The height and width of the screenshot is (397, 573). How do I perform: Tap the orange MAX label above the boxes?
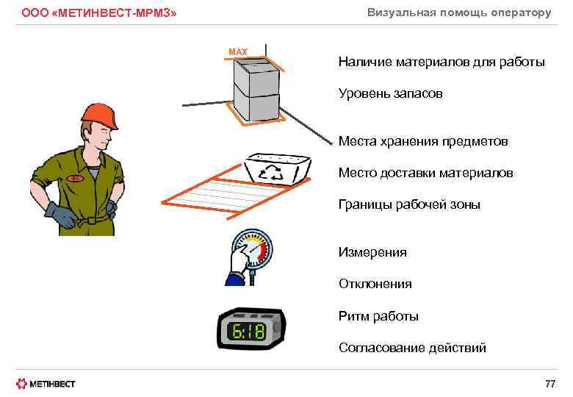pyautogui.click(x=238, y=51)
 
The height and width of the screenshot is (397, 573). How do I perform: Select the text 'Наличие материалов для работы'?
pyautogui.click(x=442, y=62)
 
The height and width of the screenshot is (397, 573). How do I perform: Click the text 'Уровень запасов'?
pyautogui.click(x=390, y=94)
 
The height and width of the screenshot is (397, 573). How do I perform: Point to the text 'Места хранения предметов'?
pyautogui.click(x=423, y=140)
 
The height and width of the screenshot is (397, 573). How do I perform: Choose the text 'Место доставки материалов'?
pyautogui.click(x=425, y=173)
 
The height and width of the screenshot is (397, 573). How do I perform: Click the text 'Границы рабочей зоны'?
pyautogui.click(x=409, y=204)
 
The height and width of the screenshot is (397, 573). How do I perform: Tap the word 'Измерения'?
pyautogui.click(x=372, y=252)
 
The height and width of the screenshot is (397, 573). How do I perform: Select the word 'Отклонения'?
pyautogui.click(x=375, y=283)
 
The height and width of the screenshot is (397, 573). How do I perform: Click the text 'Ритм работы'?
pyautogui.click(x=378, y=316)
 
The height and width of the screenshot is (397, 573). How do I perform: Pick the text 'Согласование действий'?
pyautogui.click(x=412, y=348)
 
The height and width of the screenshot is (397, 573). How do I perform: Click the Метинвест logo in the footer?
pyautogui.click(x=46, y=384)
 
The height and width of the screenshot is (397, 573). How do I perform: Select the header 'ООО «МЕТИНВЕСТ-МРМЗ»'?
pyautogui.click(x=99, y=13)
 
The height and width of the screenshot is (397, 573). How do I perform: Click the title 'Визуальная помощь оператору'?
pyautogui.click(x=459, y=12)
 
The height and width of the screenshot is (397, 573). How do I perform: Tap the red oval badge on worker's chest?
pyautogui.click(x=75, y=178)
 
